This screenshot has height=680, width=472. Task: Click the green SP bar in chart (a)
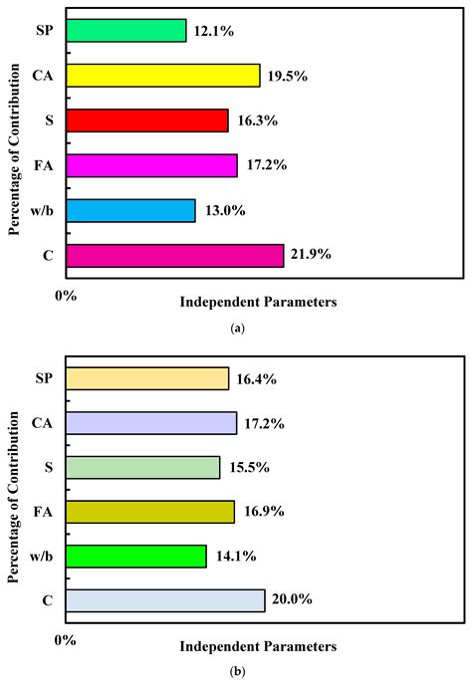tap(125, 31)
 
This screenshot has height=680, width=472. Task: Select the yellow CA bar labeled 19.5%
tap(162, 76)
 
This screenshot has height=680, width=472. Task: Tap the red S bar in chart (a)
tap(146, 120)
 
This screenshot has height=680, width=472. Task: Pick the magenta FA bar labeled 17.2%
tap(150, 165)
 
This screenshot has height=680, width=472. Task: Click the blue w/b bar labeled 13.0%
tap(129, 210)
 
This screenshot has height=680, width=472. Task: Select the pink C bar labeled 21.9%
tap(174, 255)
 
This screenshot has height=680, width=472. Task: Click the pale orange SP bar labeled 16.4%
tap(146, 378)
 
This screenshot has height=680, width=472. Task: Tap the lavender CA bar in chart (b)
tap(150, 423)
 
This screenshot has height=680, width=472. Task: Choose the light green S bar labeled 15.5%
tap(142, 467)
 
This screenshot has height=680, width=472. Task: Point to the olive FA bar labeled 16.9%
tap(149, 512)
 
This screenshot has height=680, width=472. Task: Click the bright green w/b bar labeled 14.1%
tap(135, 556)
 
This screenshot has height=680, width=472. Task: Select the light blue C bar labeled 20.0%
tap(164, 600)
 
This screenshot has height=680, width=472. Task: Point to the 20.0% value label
tap(292, 600)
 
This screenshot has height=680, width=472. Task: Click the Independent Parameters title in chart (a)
tap(258, 300)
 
